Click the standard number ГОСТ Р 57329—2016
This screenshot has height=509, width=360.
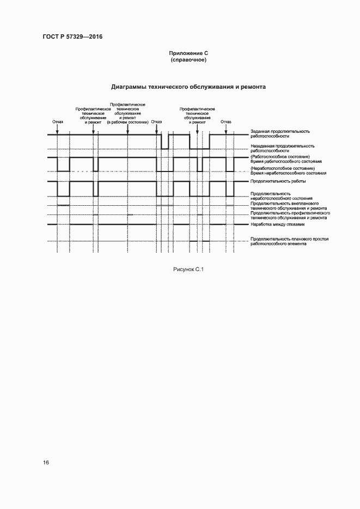pyautogui.click(x=72, y=36)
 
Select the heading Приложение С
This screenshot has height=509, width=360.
pyautogui.click(x=188, y=53)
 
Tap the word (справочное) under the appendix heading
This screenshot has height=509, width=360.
pyautogui.click(x=188, y=59)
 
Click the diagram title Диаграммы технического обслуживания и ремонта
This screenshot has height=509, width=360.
pyautogui.click(x=188, y=87)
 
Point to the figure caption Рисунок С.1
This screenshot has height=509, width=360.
pyautogui.click(x=188, y=269)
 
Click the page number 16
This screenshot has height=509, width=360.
pyautogui.click(x=46, y=462)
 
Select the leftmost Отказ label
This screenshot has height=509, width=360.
pyautogui.click(x=58, y=121)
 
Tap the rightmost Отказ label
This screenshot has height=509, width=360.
pyautogui.click(x=226, y=121)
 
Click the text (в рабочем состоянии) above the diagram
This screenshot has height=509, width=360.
pyautogui.click(x=127, y=123)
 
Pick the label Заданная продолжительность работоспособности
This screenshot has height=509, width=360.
pyautogui.click(x=280, y=133)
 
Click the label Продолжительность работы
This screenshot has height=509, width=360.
pyautogui.click(x=278, y=181)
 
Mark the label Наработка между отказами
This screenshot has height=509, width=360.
pyautogui.click(x=278, y=224)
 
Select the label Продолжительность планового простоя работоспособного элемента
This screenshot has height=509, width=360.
pyautogui.click(x=289, y=241)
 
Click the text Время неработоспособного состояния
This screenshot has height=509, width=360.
pyautogui.click(x=288, y=173)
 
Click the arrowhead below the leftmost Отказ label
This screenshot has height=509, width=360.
pyautogui.click(x=58, y=131)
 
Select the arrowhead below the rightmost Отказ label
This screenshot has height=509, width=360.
pyautogui.click(x=226, y=131)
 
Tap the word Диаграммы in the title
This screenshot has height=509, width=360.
pyautogui.click(x=129, y=87)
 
